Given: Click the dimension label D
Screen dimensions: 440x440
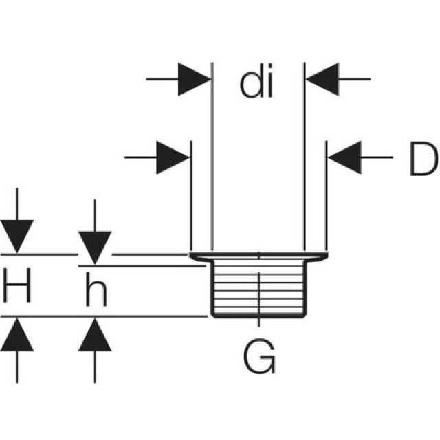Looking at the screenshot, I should (421, 160).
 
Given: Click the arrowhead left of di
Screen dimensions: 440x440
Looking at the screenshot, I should (195, 80).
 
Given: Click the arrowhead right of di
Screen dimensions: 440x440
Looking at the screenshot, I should (322, 80).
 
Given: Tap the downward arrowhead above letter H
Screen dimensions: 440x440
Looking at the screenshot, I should (17, 236).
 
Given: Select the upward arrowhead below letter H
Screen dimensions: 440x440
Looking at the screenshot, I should (17, 335).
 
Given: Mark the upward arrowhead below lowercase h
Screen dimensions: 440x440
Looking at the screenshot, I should (95, 335).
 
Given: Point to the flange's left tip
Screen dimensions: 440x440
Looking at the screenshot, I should (191, 256).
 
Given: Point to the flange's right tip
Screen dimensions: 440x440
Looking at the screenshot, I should (324, 256).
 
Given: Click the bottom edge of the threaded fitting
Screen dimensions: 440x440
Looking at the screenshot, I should (258, 316).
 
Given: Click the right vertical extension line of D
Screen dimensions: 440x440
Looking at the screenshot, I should (326, 199).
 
